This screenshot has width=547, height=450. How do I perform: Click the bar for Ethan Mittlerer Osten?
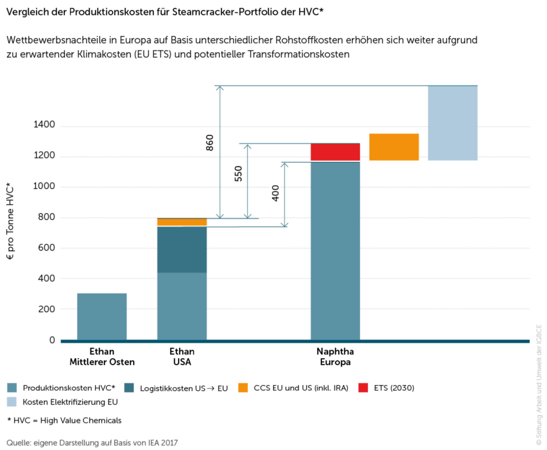tap(102, 316)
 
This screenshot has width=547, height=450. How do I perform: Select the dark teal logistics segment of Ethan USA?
tap(182, 250)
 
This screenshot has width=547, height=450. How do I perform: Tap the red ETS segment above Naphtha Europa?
tap(335, 152)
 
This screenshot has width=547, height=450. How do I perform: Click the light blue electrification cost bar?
tap(452, 123)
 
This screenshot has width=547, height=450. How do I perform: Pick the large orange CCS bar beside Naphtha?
tap(394, 147)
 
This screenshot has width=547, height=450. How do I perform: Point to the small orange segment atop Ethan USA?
tap(182, 222)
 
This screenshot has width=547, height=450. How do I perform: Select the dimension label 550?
tap(238, 174)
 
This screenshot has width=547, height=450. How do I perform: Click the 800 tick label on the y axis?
tap(46, 217)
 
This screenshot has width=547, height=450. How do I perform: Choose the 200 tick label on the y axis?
tap(46, 309)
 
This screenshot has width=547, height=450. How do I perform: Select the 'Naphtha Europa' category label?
tap(335, 356)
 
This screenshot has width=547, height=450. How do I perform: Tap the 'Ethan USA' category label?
tap(182, 356)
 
